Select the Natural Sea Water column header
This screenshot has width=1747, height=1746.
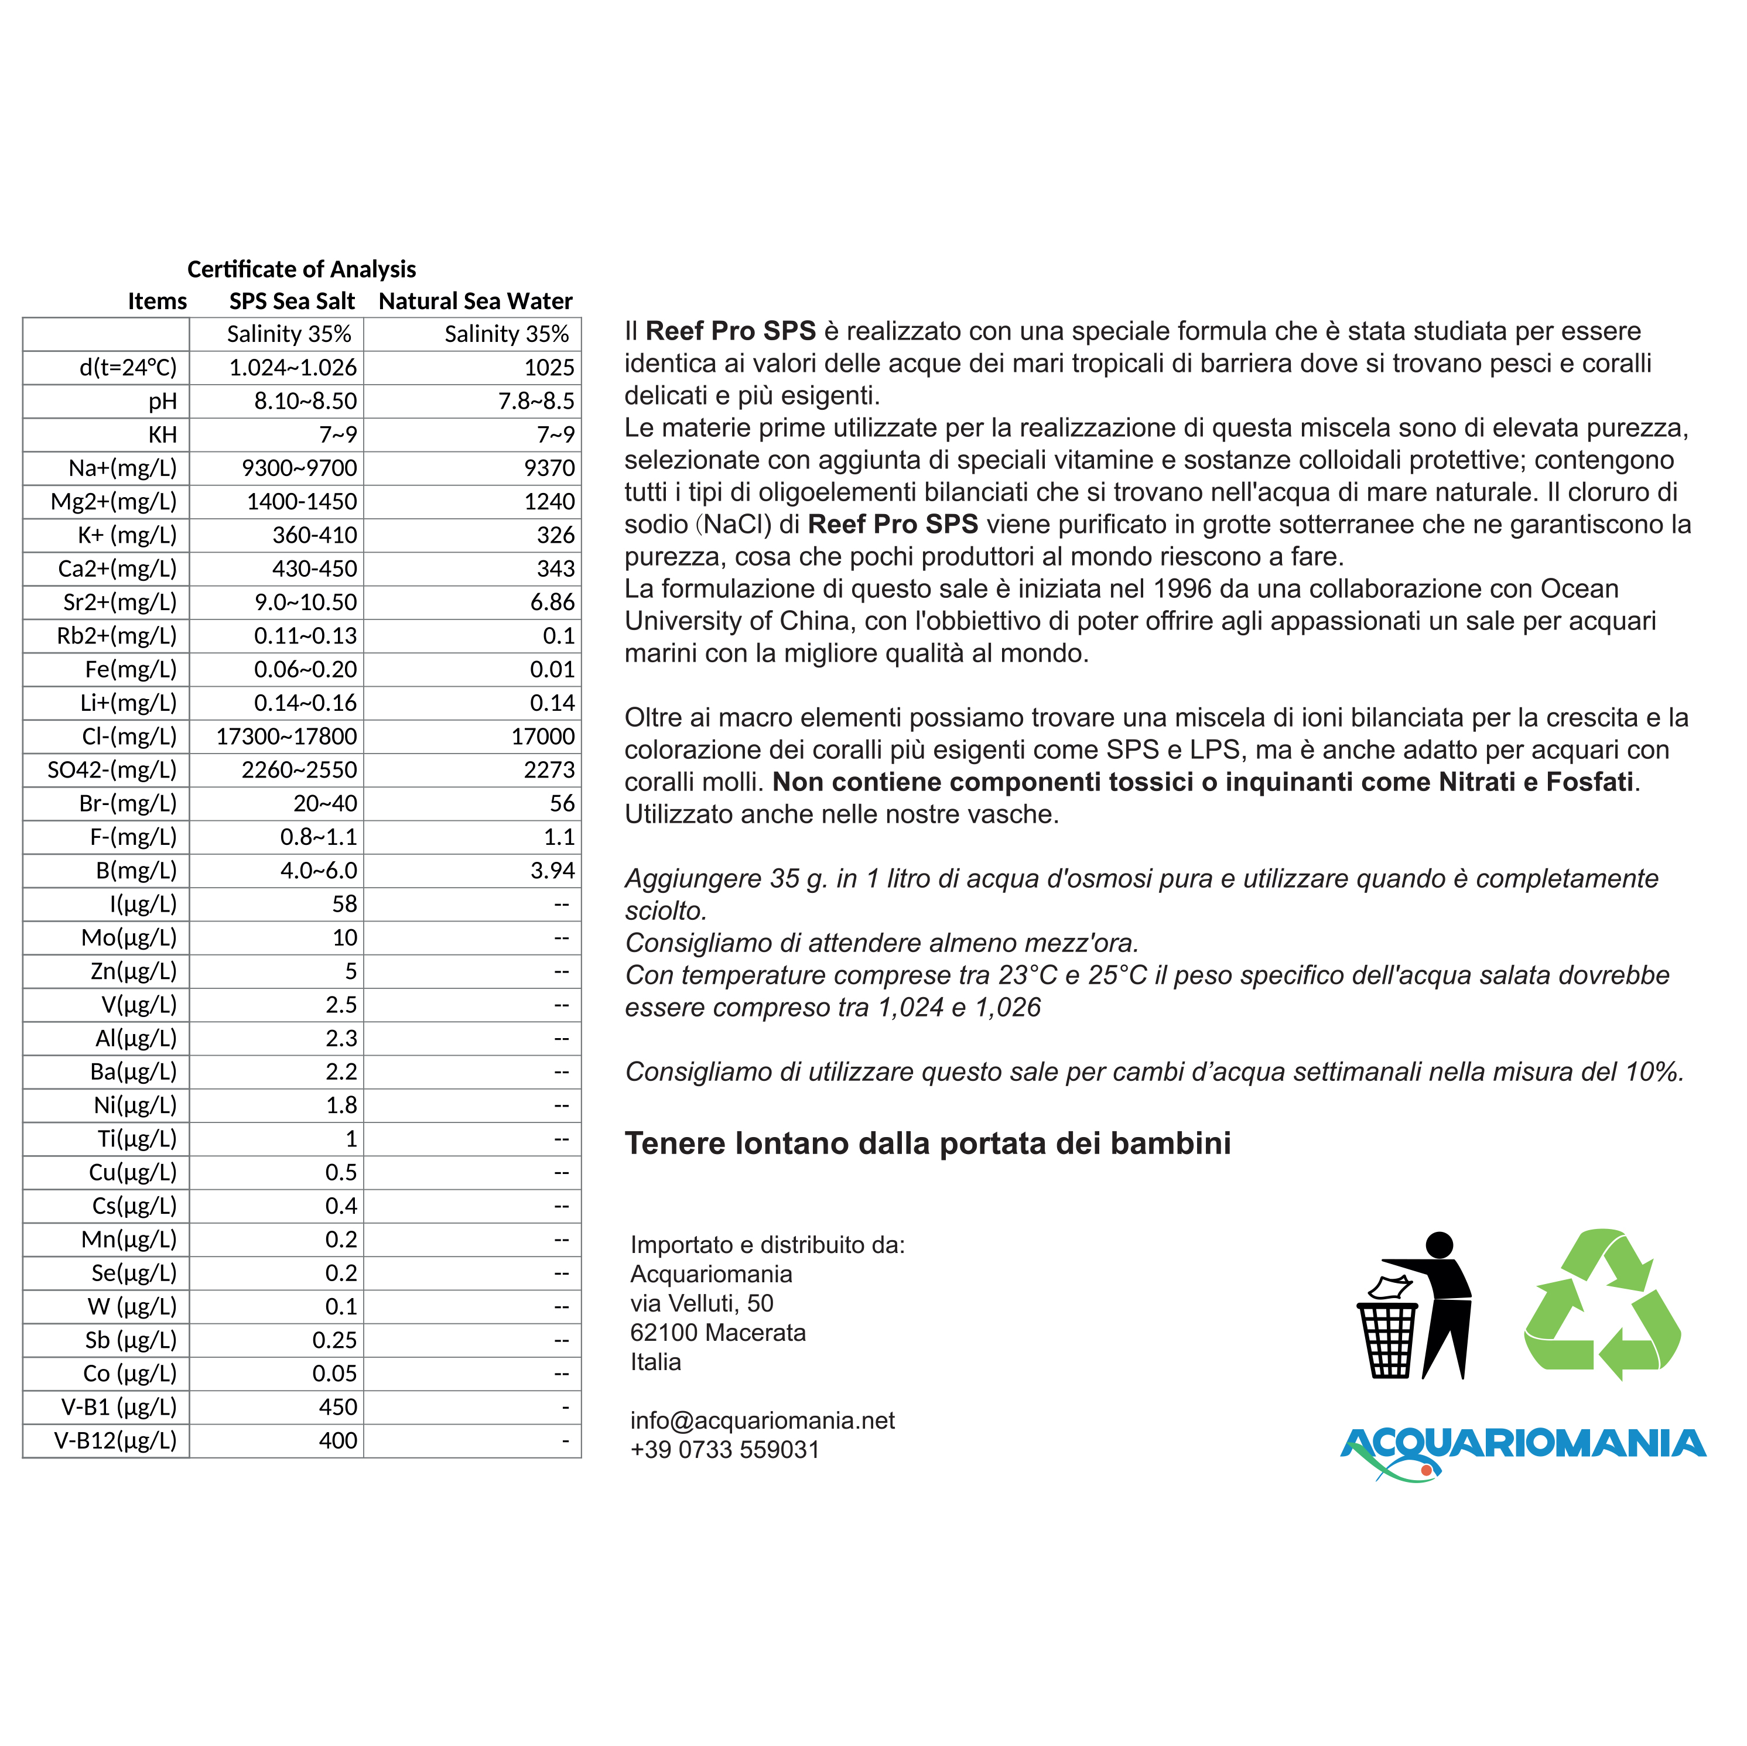pos(475,301)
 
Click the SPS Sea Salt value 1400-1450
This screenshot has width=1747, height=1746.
pos(302,502)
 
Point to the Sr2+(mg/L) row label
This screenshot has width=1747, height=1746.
pos(120,602)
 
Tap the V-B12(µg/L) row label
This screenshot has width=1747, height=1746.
pos(116,1440)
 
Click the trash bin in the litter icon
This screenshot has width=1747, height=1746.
pos(1389,1340)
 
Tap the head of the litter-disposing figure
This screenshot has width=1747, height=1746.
pos(1438,1245)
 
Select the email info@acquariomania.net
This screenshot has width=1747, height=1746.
pos(763,1420)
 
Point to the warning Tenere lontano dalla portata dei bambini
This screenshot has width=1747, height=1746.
pos(928,1144)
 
